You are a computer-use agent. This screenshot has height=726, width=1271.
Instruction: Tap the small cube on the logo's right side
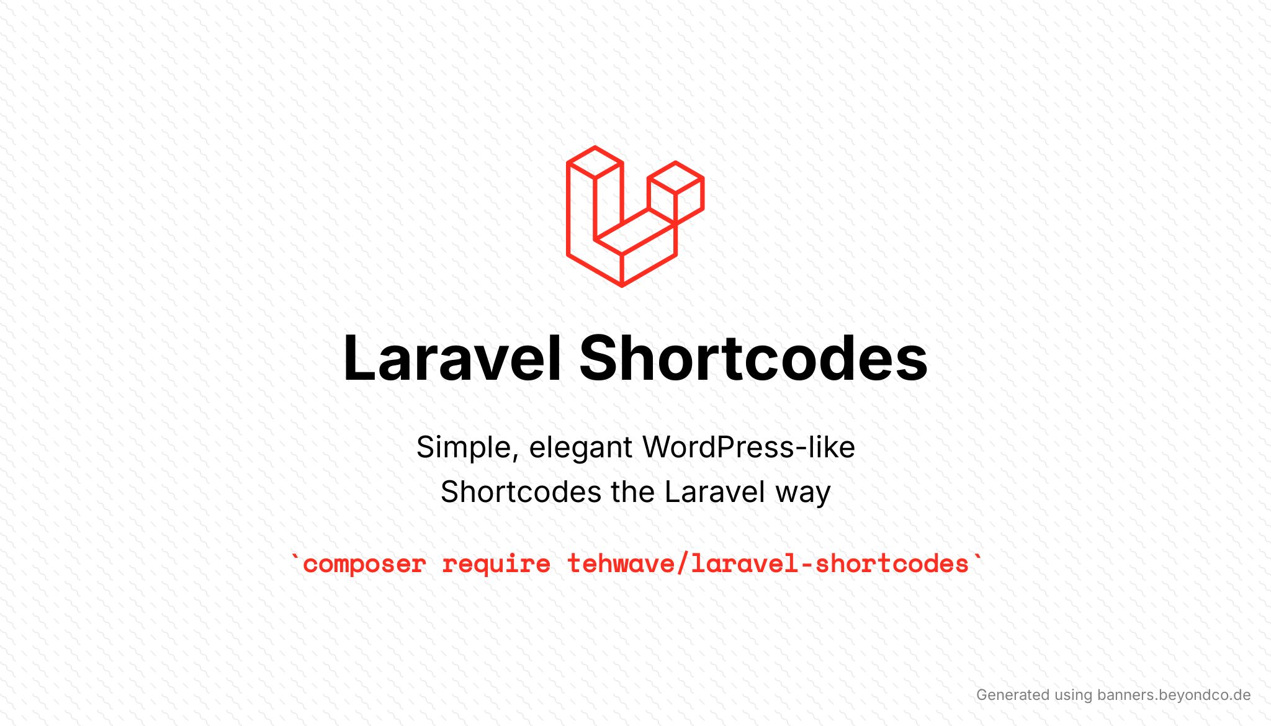click(676, 192)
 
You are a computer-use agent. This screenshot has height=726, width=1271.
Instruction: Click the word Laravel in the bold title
click(452, 358)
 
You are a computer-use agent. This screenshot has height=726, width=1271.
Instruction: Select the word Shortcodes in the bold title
click(753, 358)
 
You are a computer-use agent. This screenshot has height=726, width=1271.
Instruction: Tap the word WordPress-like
click(748, 447)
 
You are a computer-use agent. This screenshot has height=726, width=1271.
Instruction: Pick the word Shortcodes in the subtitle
click(521, 492)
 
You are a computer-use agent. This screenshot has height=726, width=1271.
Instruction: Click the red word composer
click(364, 565)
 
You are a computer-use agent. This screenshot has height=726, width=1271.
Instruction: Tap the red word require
click(496, 565)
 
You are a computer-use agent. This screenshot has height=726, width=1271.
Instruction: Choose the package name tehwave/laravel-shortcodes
click(768, 563)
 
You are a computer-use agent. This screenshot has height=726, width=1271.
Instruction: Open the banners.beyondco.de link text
click(1174, 695)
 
